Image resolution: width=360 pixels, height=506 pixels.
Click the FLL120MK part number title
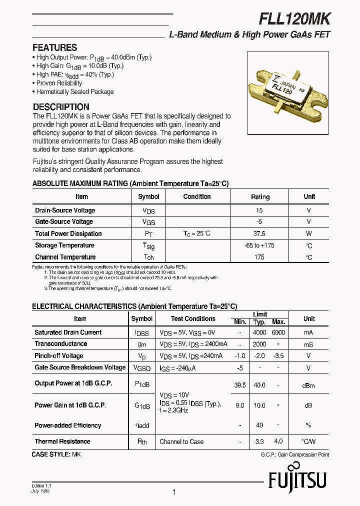[294, 18]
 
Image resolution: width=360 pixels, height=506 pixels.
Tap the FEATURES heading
[54, 48]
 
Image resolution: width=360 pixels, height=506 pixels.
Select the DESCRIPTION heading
[61, 107]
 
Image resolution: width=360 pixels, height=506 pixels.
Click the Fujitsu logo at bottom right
[297, 482]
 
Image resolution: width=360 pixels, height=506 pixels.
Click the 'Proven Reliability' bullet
[59, 83]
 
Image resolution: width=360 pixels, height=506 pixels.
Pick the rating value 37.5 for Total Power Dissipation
[259, 233]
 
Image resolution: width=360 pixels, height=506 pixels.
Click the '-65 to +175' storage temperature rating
[259, 245]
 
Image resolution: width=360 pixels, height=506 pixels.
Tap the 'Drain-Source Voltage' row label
[65, 210]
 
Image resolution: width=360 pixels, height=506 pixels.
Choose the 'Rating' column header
[260, 197]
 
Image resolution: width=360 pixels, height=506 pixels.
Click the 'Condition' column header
[197, 196]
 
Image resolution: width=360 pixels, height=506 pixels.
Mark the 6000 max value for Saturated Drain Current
[278, 332]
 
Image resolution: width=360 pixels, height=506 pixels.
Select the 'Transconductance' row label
[60, 344]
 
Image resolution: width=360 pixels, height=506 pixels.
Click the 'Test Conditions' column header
[193, 318]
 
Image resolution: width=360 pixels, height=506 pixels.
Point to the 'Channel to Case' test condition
[181, 441]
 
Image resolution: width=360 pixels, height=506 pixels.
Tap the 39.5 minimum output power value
[240, 385]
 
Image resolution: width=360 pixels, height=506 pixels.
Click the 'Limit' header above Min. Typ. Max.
[259, 314]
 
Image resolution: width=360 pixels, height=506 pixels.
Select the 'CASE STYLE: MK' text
[56, 454]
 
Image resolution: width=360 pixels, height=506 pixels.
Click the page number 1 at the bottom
[174, 492]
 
